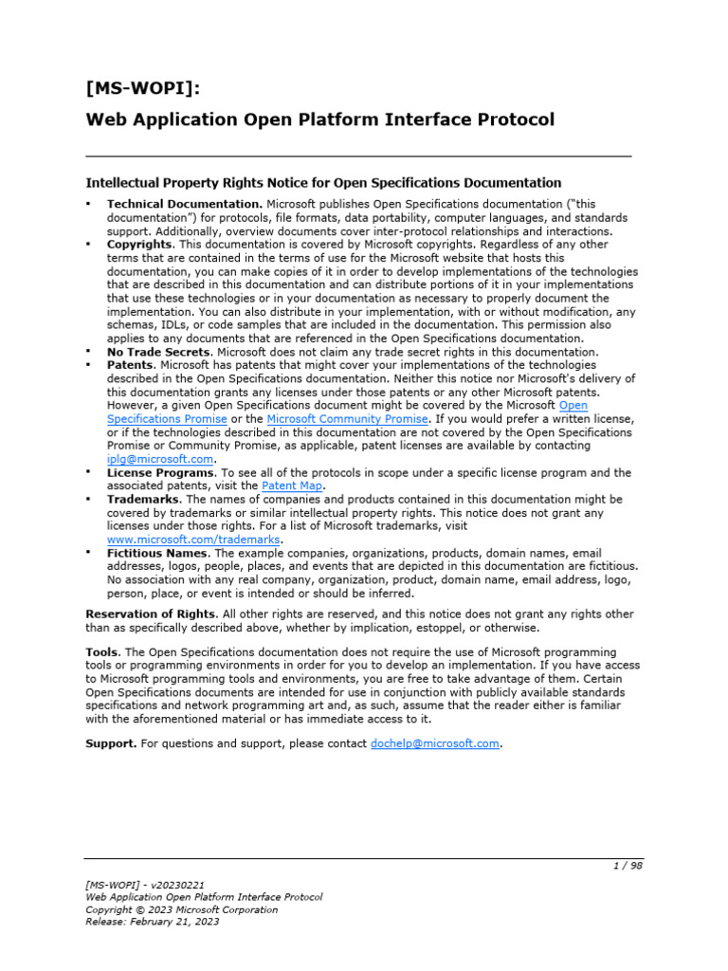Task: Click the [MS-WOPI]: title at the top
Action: pos(143,89)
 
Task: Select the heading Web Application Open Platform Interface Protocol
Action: pos(319,119)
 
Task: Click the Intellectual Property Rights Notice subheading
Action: pos(323,182)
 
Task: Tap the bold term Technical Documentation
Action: pos(184,204)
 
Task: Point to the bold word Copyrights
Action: pos(140,244)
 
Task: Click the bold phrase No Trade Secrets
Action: pos(158,351)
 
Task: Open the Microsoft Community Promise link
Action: pos(348,418)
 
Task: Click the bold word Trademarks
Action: pos(144,499)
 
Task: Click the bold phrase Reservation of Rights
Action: pos(152,614)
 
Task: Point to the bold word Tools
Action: pos(102,652)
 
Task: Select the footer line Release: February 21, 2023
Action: pos(152,922)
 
